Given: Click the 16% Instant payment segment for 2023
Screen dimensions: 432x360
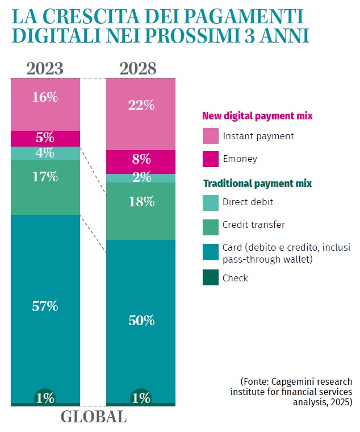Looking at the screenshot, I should (45, 97).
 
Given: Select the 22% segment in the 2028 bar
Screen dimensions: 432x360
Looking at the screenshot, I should (141, 105).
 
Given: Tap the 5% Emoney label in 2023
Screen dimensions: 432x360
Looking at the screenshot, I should (45, 138).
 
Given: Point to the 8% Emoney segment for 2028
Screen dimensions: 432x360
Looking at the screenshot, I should (141, 159).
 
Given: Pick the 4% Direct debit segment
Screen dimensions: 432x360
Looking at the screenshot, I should (45, 153).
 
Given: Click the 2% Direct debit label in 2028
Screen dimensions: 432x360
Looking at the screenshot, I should (141, 177).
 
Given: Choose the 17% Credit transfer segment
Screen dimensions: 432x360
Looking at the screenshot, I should (45, 177).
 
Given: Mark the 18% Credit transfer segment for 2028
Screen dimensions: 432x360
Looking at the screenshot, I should (141, 202).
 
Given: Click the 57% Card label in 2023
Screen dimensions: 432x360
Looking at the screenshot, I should (45, 306).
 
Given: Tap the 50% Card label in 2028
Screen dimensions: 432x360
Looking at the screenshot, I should (141, 320).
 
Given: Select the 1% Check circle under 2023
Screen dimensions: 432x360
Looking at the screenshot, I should (45, 397).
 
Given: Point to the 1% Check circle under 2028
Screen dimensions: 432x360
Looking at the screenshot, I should (141, 397).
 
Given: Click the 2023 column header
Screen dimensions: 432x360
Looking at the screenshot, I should (45, 69).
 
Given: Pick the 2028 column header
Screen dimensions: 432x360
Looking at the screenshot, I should (138, 69).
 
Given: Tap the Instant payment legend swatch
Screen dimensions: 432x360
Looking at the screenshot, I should (210, 136).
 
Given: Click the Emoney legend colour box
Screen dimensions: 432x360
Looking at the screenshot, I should (210, 159).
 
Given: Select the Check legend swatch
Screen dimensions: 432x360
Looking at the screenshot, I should (210, 278).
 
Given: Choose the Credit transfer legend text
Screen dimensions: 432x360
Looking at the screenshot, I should (254, 225).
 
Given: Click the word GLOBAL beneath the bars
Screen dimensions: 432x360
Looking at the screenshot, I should (94, 417).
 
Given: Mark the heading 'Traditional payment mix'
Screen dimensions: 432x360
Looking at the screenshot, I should (257, 184).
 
